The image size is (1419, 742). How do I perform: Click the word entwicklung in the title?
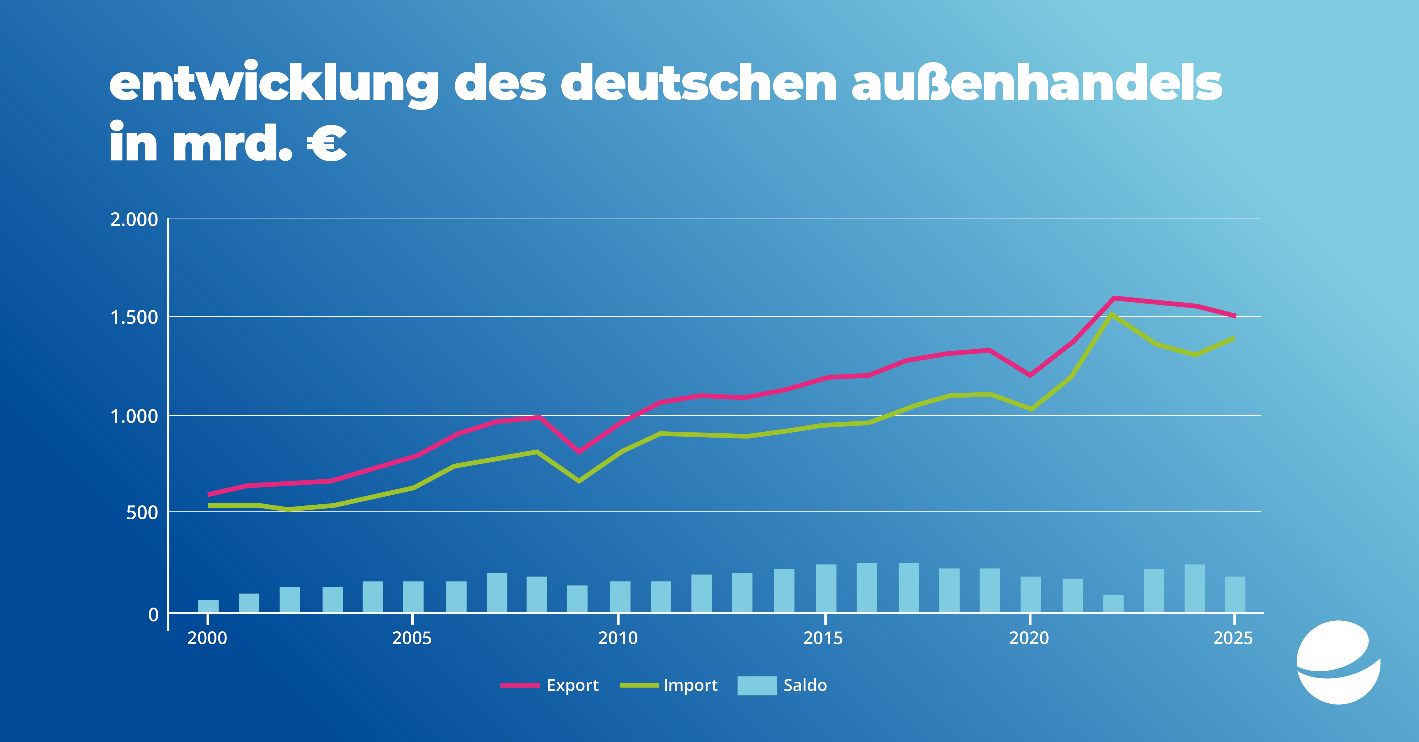[x=274, y=84]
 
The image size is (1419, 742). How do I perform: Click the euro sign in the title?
[x=327, y=143]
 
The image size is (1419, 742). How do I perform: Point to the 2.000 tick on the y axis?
[x=134, y=220]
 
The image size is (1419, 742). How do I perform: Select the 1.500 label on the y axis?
[x=134, y=317]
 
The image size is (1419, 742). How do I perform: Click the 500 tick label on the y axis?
[x=142, y=513]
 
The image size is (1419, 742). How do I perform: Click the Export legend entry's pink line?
[x=519, y=685]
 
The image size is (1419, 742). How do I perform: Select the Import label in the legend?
[x=690, y=685]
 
